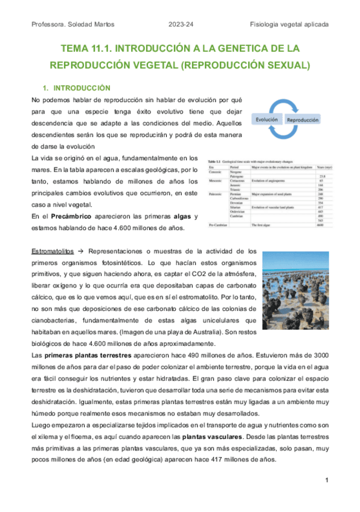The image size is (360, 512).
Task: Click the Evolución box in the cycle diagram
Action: pyautogui.click(x=266, y=120)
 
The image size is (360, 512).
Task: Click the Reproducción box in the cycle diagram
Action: pyautogui.click(x=303, y=120)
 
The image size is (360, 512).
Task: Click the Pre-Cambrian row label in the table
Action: pyautogui.click(x=218, y=224)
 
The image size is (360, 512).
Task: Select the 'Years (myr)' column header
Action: pyautogui.click(x=315, y=162)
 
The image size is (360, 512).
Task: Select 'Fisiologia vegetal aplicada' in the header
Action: pyautogui.click(x=289, y=24)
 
